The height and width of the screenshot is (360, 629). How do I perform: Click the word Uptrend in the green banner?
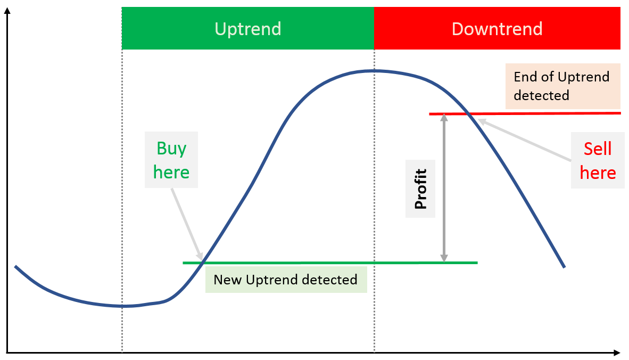pyautogui.click(x=248, y=29)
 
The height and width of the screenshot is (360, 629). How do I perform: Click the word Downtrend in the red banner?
pyautogui.click(x=497, y=29)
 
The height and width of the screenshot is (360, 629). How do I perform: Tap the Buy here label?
pyautogui.click(x=171, y=160)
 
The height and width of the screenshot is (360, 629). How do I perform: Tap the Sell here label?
pyautogui.click(x=598, y=160)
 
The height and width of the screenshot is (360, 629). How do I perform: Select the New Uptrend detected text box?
pyautogui.click(x=286, y=280)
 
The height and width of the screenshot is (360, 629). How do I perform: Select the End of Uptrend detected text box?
pyautogui.click(x=563, y=86)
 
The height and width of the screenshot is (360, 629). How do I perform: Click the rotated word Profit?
pyautogui.click(x=420, y=189)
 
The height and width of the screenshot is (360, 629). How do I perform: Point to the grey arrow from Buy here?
pyautogui.click(x=187, y=224)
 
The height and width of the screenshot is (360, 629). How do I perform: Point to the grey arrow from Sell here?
pyautogui.click(x=525, y=140)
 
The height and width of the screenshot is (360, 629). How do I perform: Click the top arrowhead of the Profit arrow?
pyautogui.click(x=444, y=117)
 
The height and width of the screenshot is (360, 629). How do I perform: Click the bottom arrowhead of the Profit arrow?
pyautogui.click(x=444, y=258)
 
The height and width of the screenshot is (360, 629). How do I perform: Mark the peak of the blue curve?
pyautogui.click(x=373, y=71)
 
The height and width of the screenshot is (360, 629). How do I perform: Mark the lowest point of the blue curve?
pyautogui.click(x=123, y=306)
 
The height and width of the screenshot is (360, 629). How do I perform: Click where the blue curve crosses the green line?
pyautogui.click(x=203, y=263)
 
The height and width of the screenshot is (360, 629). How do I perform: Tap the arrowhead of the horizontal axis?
pyautogui.click(x=617, y=353)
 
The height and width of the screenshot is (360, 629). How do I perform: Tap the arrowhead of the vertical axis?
pyautogui.click(x=7, y=11)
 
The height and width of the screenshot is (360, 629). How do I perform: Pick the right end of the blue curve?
pyautogui.click(x=564, y=267)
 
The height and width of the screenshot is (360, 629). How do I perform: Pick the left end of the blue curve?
pyautogui.click(x=15, y=266)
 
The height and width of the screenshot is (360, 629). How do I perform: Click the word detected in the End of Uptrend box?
pyautogui.click(x=542, y=95)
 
